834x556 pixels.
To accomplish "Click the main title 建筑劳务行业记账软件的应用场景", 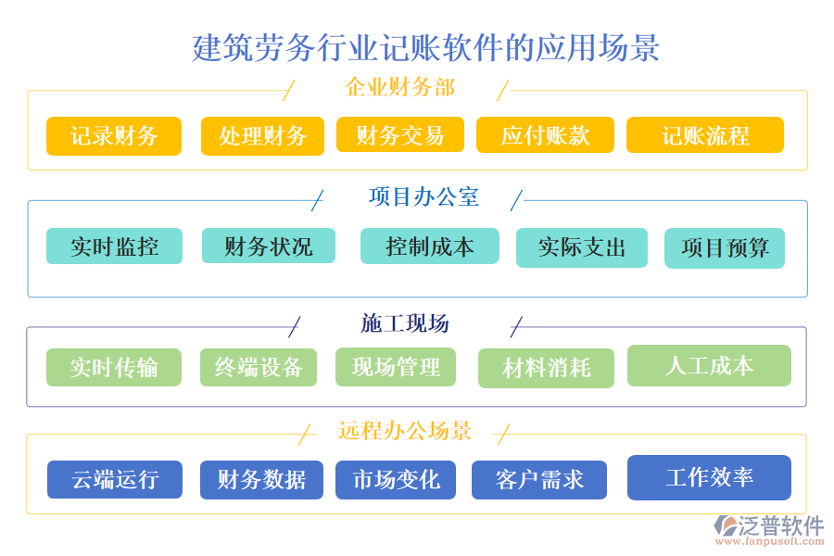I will tap(425, 47).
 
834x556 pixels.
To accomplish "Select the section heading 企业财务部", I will tap(399, 89).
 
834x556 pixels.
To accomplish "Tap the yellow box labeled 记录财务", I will tap(114, 136).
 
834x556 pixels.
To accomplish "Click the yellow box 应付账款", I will tap(545, 135).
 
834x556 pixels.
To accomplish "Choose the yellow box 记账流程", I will tap(704, 135).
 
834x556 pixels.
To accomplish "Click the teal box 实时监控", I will tap(114, 246).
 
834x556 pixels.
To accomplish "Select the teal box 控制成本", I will tap(429, 246).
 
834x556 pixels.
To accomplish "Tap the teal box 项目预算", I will tap(724, 248).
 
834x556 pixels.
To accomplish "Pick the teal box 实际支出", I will tap(581, 247).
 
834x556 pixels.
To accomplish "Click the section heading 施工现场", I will tap(405, 323).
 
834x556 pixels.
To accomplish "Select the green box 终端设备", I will tap(259, 367).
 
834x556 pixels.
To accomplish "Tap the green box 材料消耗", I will tap(546, 368).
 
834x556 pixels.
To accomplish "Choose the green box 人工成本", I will tap(709, 365).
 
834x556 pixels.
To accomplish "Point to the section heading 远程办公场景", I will tap(405, 431).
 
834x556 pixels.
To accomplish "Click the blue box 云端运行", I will tap(114, 480).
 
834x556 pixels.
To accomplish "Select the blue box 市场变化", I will tap(396, 480).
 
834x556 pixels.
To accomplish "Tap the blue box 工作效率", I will tap(709, 477).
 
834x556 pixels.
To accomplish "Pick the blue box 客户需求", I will tap(539, 480).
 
